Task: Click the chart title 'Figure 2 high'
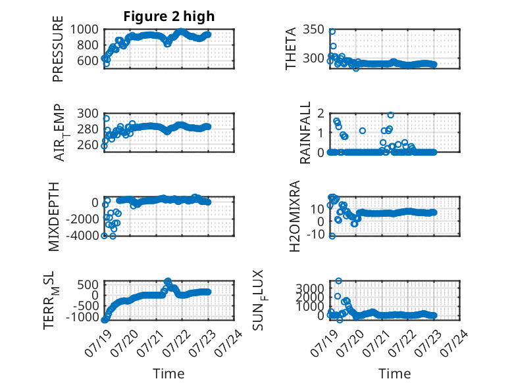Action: pyautogui.click(x=169, y=16)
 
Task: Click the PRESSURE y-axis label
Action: pyautogui.click(x=57, y=49)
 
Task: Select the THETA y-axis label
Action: pyautogui.click(x=290, y=49)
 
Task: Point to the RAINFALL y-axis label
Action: pyautogui.click(x=305, y=133)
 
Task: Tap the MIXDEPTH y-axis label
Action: pyautogui.click(x=54, y=217)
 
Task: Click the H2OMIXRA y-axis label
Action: pyautogui.click(x=295, y=216)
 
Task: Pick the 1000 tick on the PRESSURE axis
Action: pyautogui.click(x=84, y=30)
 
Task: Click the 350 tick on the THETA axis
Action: pyautogui.click(x=313, y=30)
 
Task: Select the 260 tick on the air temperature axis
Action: pyautogui.click(x=88, y=145)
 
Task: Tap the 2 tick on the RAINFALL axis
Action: pyautogui.click(x=320, y=114)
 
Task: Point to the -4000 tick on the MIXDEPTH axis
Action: pyautogui.click(x=82, y=235)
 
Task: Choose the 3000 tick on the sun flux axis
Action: pyautogui.click(x=310, y=288)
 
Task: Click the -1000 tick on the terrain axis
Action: pyautogui.click(x=82, y=317)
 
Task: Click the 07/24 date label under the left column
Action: pyautogui.click(x=229, y=342)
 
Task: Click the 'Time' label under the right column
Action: pyautogui.click(x=394, y=374)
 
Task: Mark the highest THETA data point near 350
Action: pyautogui.click(x=332, y=32)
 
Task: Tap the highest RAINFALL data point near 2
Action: pyautogui.click(x=390, y=115)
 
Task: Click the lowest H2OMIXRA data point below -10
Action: pyautogui.click(x=332, y=236)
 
